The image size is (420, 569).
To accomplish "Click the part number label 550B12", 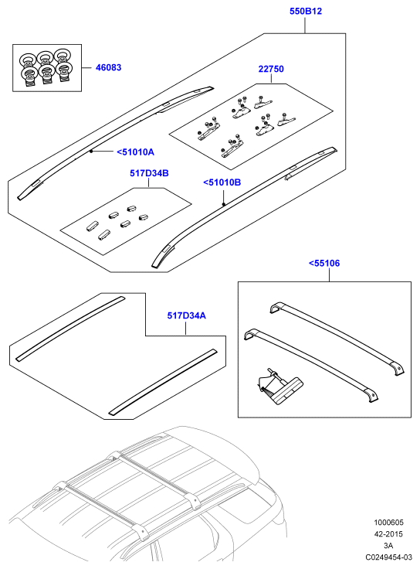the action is pos(306,12).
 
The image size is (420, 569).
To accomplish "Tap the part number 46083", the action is pos(108,67).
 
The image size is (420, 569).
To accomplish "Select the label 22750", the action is pos(271,69).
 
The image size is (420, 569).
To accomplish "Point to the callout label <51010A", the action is pos(136,152).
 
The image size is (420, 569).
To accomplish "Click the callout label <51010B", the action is pos(222,182).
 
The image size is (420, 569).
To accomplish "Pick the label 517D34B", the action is pos(149,173).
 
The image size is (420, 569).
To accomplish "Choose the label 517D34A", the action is pos(186,315).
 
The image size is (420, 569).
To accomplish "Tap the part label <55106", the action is pos(324,263).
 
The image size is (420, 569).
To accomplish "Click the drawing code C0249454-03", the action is pos(388,557).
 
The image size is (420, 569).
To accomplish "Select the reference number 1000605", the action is pos(388,523).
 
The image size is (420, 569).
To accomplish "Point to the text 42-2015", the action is pos(388,534).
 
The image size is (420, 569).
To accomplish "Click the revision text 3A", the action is pos(388,545).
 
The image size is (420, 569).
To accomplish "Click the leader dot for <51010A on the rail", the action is pos(91,151).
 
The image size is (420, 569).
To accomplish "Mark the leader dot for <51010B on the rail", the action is pos(224,204).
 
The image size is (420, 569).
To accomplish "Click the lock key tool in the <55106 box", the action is pos(279,387).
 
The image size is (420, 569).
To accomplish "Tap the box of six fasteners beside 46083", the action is pos(47,68).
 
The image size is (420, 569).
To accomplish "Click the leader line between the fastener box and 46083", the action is pos(86,67).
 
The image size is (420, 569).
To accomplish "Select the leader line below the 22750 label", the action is pos(271,79).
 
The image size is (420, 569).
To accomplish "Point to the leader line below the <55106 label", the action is pos(329,275).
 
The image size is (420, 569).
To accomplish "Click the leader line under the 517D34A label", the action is pos(185,329).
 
